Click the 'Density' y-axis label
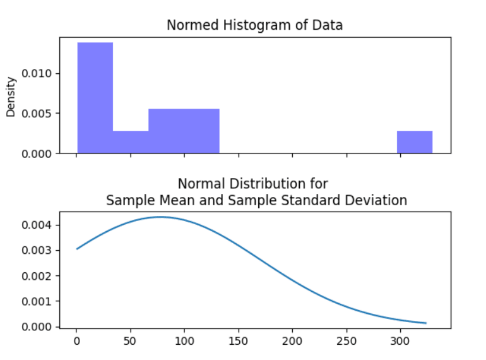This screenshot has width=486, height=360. coord(11,97)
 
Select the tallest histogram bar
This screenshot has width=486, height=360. coord(95,97)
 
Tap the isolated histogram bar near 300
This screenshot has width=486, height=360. coord(415,142)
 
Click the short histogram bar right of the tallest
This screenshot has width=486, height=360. coord(131,142)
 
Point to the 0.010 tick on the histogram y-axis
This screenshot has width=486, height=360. coord(39,73)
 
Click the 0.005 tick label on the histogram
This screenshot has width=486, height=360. coord(39,114)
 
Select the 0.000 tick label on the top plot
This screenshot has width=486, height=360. coord(39,153)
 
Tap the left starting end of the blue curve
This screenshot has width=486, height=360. coord(77,249)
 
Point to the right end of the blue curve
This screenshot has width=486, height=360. coord(426,323)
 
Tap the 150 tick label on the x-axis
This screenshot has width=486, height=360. coord(238,342)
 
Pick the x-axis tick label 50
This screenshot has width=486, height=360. coord(131,342)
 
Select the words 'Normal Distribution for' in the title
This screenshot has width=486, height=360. coord(253,184)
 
